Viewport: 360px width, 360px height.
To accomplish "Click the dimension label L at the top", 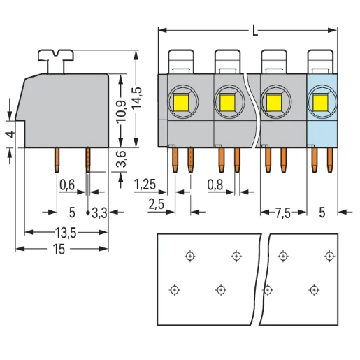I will [x=256, y=31].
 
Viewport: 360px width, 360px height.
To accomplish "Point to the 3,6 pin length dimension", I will [x=122, y=160].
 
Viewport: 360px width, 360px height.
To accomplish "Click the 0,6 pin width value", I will [x=67, y=185].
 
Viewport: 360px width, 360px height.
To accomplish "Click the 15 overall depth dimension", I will [x=59, y=250].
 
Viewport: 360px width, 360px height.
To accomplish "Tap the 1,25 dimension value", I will [x=145, y=185].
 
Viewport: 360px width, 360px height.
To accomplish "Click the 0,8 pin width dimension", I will [x=217, y=185].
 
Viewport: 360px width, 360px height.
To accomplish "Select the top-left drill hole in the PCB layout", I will [x=189, y=257].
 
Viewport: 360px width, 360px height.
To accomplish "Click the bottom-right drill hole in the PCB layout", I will [x=314, y=289].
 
